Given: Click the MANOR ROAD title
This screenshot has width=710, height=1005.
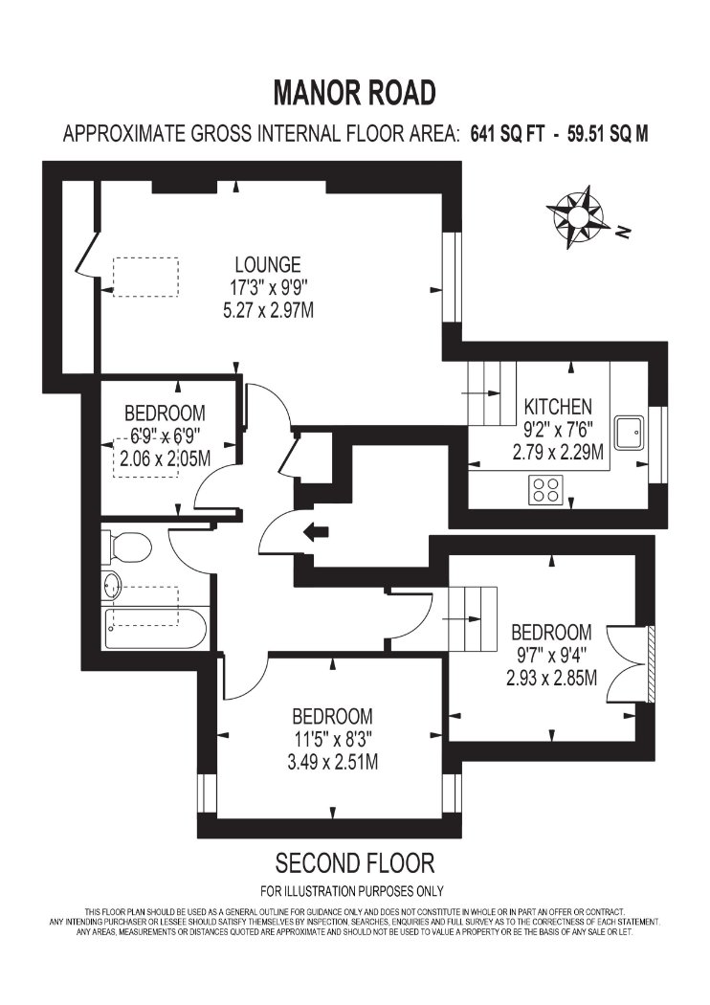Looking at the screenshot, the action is click(x=354, y=93).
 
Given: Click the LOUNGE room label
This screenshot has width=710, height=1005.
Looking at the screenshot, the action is click(x=268, y=264).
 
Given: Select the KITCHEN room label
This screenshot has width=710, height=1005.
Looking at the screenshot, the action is click(x=558, y=407).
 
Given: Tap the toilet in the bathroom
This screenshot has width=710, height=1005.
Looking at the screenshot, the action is click(x=125, y=545).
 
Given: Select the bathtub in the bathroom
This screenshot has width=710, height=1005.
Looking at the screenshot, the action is click(x=154, y=629).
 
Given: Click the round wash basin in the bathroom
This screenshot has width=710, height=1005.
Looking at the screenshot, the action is click(x=112, y=586).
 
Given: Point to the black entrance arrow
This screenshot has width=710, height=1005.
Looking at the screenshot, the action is click(x=315, y=531).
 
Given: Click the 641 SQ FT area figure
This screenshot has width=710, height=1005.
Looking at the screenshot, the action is click(x=507, y=134).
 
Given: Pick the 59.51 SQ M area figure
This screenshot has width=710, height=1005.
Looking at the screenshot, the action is click(x=608, y=134).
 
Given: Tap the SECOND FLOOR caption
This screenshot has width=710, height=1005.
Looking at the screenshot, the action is click(x=355, y=862).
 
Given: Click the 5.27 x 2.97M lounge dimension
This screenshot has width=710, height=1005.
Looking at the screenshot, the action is click(x=268, y=311).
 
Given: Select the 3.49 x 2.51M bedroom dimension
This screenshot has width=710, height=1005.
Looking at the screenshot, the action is click(x=332, y=762).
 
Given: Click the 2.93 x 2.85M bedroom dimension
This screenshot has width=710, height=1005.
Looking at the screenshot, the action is click(x=552, y=678).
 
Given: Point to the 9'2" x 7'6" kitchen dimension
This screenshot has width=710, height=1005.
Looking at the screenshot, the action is click(x=557, y=429).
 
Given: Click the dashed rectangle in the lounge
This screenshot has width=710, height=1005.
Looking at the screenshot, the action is click(x=145, y=277).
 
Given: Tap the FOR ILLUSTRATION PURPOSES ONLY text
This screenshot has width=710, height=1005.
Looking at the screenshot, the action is click(x=352, y=890).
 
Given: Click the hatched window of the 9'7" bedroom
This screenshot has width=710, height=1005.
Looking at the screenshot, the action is click(x=651, y=663).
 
